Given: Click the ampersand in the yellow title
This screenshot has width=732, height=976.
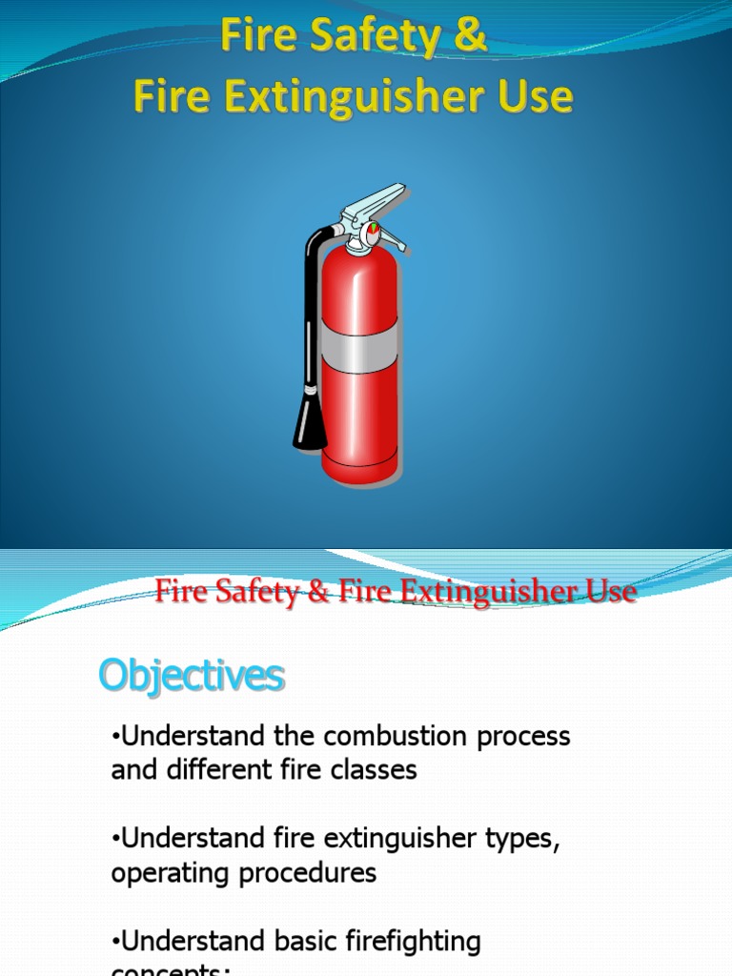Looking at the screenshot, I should (x=471, y=38).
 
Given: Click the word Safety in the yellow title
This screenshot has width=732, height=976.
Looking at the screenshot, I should (x=373, y=38).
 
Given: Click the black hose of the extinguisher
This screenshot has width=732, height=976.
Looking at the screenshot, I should (x=311, y=305).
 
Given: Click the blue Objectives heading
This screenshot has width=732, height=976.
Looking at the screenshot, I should (x=191, y=677).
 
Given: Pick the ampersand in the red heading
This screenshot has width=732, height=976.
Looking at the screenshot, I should (x=315, y=592).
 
